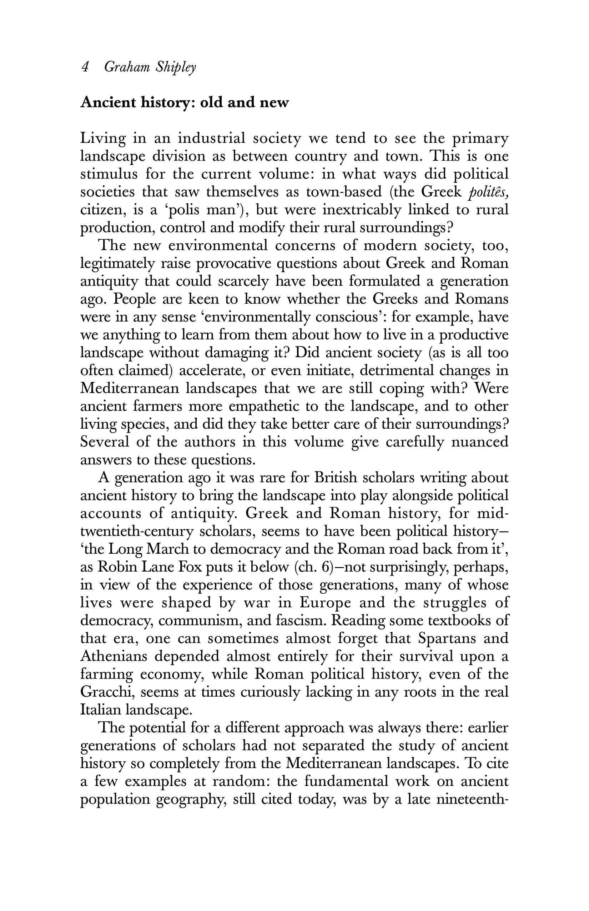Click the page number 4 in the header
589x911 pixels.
(x=85, y=68)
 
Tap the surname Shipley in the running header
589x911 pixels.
(x=176, y=68)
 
